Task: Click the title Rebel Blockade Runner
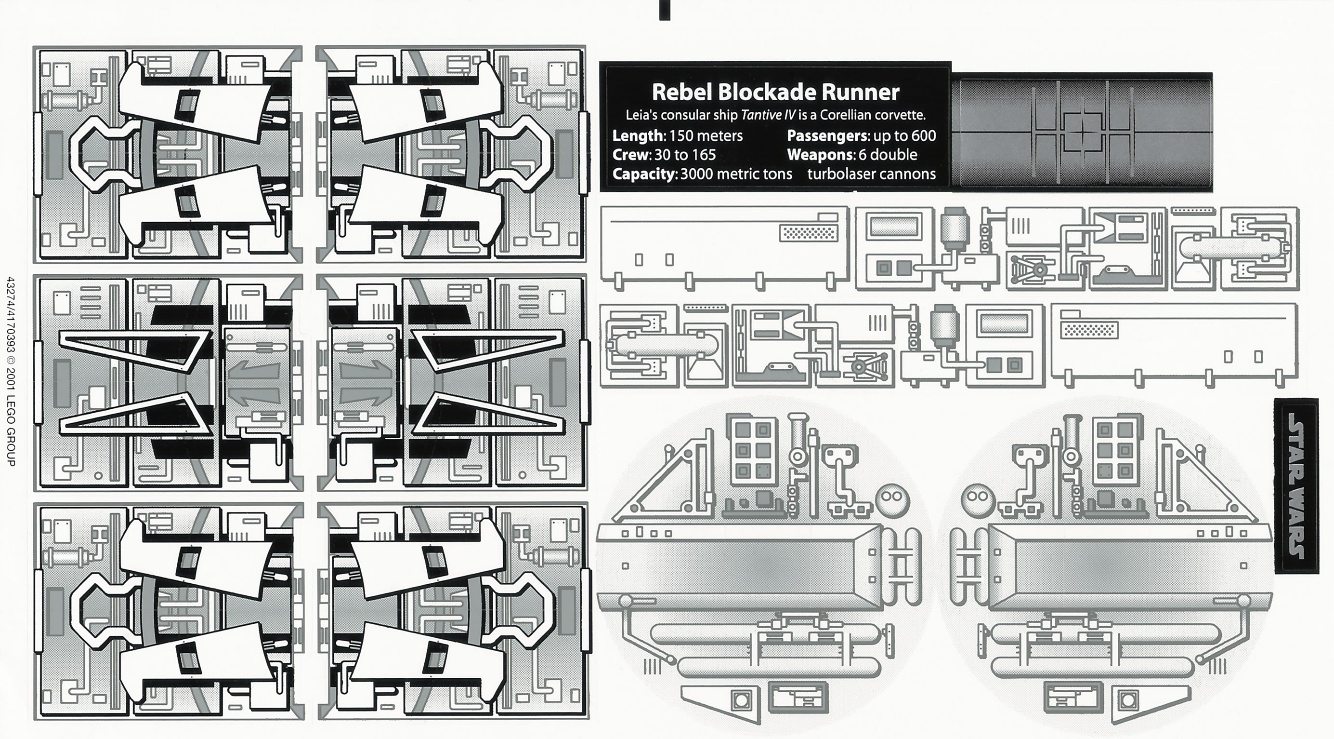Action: click(x=775, y=92)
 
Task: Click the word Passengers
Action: click(x=827, y=136)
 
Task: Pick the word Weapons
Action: click(x=819, y=155)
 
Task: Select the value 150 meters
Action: click(x=706, y=136)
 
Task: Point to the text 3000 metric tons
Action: click(x=736, y=174)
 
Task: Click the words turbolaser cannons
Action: click(x=871, y=174)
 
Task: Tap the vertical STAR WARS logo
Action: click(x=1295, y=485)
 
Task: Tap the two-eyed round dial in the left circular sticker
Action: click(x=892, y=498)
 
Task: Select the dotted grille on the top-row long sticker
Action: click(x=809, y=234)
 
